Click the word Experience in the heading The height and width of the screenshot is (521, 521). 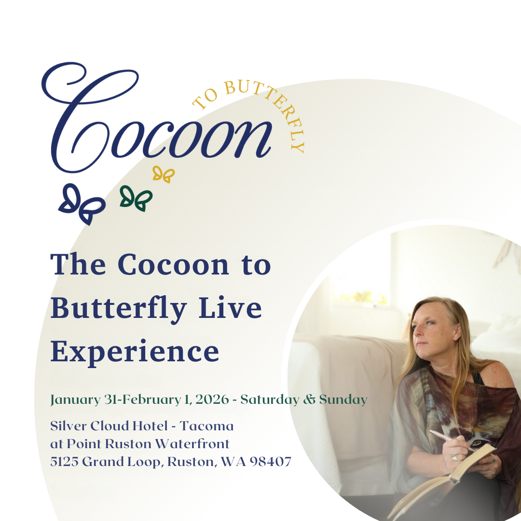(x=135, y=352)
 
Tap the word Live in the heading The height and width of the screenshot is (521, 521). (x=230, y=308)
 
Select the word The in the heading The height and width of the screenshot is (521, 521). (x=78, y=265)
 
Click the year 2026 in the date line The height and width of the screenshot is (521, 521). (x=212, y=399)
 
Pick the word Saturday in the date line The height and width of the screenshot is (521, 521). (x=270, y=400)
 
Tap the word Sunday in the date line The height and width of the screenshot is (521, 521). (x=343, y=400)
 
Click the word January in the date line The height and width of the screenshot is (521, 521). (x=75, y=400)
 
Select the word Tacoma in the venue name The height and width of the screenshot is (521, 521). (x=206, y=426)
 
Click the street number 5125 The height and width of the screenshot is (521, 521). (x=65, y=462)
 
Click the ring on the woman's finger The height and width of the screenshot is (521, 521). (x=455, y=458)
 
